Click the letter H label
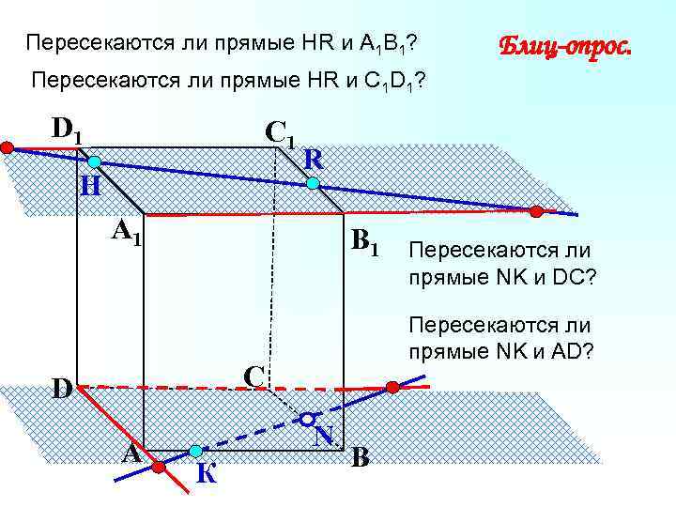(x=91, y=187)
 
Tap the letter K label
(x=207, y=473)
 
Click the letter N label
(x=325, y=436)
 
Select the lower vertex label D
(x=63, y=387)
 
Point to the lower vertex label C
(x=252, y=375)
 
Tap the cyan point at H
(x=94, y=161)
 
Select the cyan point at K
(x=195, y=451)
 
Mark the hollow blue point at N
(x=307, y=417)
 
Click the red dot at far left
(x=7, y=147)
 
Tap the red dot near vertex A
(x=159, y=466)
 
